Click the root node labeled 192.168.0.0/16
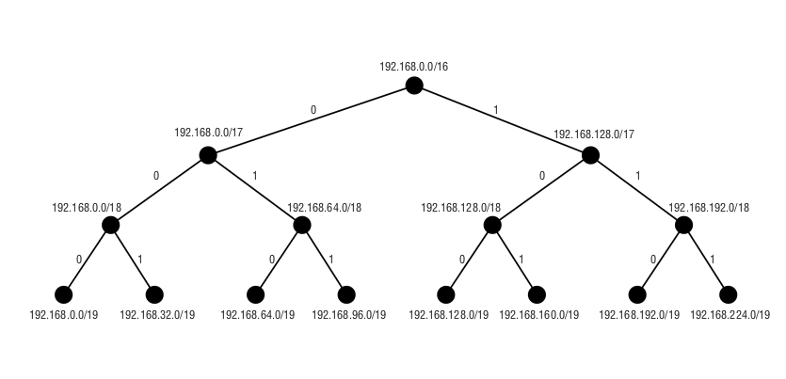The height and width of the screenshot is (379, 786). pos(414,86)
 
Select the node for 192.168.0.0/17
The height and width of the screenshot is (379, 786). pos(208,155)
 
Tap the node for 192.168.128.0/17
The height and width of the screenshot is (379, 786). pos(590,155)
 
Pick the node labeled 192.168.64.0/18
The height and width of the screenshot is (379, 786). pos(302,225)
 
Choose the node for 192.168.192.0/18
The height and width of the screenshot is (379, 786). pos(684,225)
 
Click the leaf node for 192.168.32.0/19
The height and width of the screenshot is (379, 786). pos(155,294)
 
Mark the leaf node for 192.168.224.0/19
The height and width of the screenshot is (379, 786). pos(728,294)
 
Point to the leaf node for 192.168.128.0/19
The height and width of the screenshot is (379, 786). pos(446,294)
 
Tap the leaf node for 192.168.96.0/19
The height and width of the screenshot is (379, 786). pos(346,294)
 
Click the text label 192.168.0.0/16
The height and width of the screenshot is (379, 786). pos(414,67)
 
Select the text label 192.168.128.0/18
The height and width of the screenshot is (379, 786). pos(461,207)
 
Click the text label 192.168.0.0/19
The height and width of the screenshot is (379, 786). pos(64,315)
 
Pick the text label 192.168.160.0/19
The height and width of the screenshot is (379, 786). pos(539,315)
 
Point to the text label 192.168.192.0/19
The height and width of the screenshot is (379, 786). pos(639,315)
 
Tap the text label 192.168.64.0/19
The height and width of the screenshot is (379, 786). pos(257,315)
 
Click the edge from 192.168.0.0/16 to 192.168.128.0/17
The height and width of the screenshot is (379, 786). pos(502,120)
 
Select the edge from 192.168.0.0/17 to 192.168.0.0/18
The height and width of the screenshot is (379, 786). pos(159,190)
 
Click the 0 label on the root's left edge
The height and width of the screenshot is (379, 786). pos(313,110)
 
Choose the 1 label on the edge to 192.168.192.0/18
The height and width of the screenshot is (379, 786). pos(638,175)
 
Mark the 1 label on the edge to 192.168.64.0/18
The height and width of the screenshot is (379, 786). pos(254,175)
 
